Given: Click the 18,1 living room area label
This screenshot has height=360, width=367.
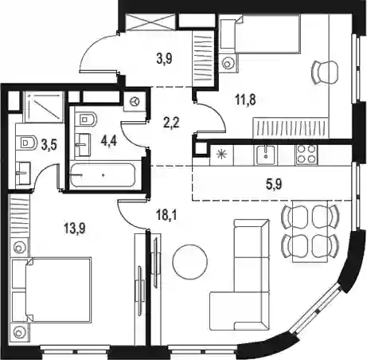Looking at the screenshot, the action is pos(166,215).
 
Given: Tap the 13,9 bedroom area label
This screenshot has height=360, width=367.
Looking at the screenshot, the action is pos(75,229).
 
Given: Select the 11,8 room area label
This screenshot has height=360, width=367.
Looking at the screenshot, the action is pos(245,100).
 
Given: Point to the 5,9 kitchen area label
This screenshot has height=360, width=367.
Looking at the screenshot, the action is pos(274,184).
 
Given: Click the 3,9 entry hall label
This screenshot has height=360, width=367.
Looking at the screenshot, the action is pos(164,59).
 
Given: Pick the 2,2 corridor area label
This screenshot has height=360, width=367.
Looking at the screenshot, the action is pos(172,123).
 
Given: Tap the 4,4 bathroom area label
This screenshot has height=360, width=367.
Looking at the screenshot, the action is pos(108,141).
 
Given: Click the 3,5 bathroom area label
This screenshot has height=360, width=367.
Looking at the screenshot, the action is pos(49,146).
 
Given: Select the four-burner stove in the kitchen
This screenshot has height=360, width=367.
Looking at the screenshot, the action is pos(306,154).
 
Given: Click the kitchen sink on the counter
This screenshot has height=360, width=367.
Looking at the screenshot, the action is pos(267,155).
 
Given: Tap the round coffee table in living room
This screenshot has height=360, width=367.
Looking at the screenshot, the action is pos(190,262).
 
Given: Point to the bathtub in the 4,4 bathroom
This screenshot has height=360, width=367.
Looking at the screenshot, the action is pos(103,175).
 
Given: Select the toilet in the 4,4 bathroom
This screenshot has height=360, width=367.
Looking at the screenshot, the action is pos(86,119).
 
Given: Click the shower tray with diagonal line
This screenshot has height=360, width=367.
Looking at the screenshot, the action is pos(44,106).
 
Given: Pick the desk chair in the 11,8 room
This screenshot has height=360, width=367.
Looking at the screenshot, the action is pos(326,72).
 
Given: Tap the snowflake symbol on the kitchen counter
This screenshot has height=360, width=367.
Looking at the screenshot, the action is pos(221,154).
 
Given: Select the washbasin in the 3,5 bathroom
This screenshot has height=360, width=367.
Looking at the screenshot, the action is pos(23,173).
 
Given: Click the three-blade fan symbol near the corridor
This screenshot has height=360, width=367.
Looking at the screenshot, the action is pos(135,101).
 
